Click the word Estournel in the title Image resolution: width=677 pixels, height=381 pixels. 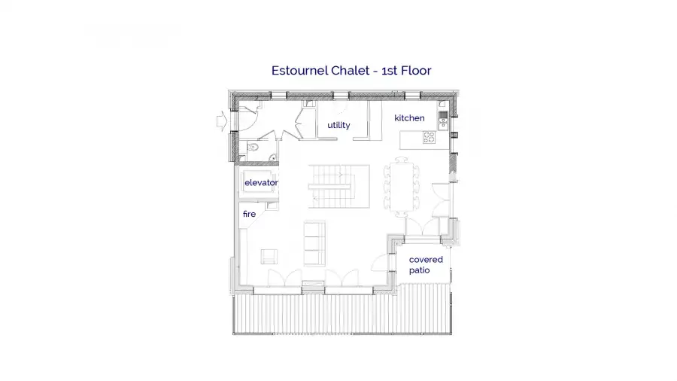click(x=299, y=71)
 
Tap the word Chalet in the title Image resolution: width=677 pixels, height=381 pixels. click(x=344, y=71)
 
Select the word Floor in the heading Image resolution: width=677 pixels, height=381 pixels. click(x=416, y=71)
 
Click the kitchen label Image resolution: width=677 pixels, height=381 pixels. click(x=409, y=118)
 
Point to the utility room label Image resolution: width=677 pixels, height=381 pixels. click(x=338, y=125)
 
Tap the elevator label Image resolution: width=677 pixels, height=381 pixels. click(x=261, y=183)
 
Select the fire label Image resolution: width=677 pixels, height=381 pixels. click(x=249, y=214)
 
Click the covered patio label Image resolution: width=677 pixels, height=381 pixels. click(x=426, y=265)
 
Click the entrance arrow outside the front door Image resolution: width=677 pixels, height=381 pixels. click(x=221, y=121)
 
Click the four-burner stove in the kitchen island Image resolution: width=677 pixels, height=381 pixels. click(x=429, y=137)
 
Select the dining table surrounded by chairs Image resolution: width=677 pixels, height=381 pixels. click(x=402, y=187)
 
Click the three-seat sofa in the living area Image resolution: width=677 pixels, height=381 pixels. click(x=314, y=243)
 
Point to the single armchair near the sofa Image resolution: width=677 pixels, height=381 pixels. click(x=269, y=257)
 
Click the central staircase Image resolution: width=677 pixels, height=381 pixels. click(x=339, y=187)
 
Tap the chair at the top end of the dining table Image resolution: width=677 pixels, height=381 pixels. click(x=402, y=160)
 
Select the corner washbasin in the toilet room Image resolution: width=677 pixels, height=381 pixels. click(x=273, y=158)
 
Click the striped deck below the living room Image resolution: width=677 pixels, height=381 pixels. click(x=342, y=314)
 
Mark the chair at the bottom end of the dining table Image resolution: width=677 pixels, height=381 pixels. click(x=402, y=214)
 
